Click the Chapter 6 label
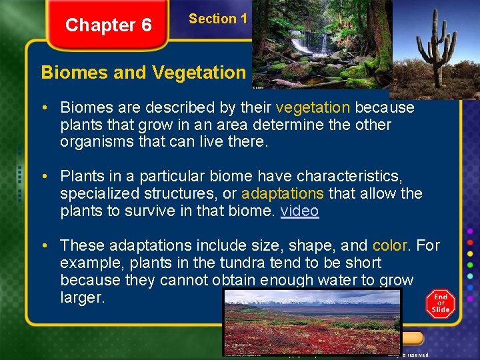(x=108, y=25)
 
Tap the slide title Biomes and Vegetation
(x=143, y=72)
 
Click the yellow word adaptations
(x=283, y=194)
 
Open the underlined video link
(x=299, y=211)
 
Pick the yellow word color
(x=390, y=246)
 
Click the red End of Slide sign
(x=441, y=303)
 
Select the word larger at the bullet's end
(x=82, y=298)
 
